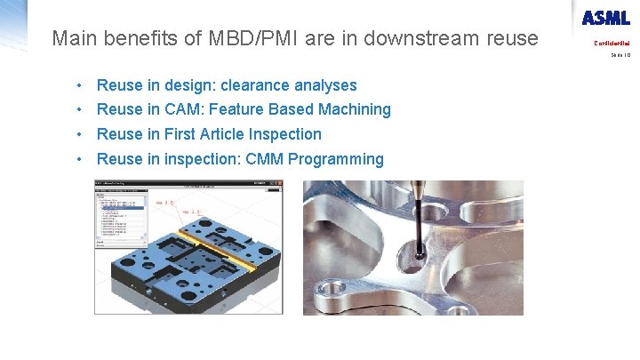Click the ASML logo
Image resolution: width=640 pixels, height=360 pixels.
point(606,18)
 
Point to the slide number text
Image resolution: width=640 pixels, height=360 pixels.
point(620,55)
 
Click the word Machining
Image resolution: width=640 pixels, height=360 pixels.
point(354,109)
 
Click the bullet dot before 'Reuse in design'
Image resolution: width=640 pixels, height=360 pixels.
point(80,85)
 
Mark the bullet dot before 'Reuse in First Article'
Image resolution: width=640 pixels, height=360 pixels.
point(80,134)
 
